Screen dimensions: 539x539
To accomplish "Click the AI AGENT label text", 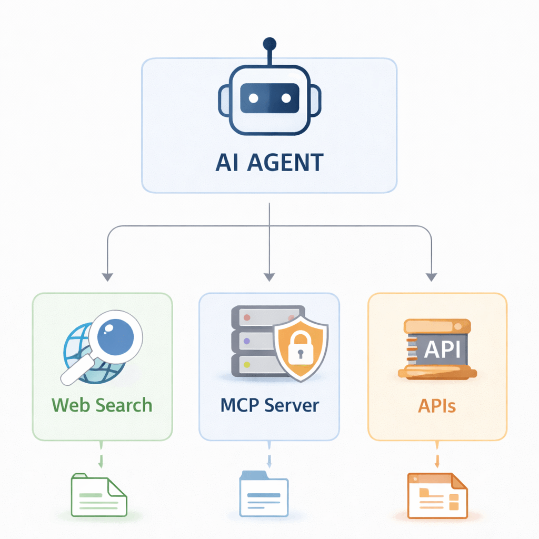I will (269, 163).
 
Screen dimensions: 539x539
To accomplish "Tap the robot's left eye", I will (253, 98).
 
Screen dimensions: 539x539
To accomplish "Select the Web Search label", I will (102, 405).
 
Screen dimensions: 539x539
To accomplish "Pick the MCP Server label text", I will (269, 405).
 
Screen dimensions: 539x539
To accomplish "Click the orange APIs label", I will (437, 405).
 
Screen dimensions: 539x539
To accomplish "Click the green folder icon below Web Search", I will (99, 495).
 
